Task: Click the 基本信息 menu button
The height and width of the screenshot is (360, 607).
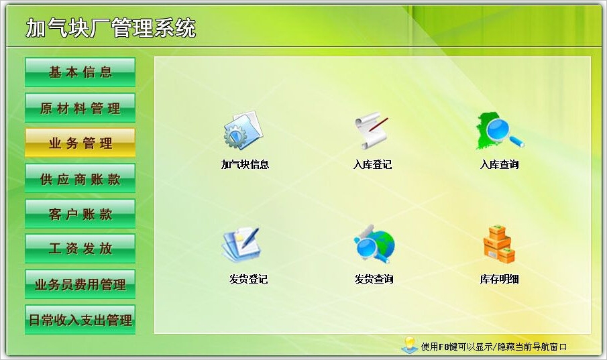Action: coord(80,72)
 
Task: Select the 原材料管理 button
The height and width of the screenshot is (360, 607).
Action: coord(80,108)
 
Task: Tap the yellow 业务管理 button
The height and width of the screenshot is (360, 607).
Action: coord(80,143)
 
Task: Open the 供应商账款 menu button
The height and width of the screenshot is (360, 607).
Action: coord(80,178)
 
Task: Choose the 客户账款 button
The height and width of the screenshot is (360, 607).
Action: coord(80,213)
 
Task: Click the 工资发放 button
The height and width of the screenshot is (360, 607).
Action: coord(80,249)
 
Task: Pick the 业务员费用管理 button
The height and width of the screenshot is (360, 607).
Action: coord(80,284)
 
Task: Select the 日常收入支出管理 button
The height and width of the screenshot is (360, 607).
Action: coord(80,320)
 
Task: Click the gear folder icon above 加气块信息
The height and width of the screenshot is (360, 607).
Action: coord(243,131)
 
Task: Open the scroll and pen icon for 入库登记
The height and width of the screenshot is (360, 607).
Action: coord(372,131)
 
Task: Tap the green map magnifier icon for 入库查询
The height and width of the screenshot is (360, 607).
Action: coord(500,131)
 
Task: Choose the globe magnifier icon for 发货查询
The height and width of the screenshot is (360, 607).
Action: coord(374,244)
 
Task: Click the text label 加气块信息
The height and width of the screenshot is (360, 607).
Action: coord(245,164)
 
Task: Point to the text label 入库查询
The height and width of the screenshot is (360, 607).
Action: coord(500,164)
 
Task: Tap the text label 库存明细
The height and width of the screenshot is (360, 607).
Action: coord(500,279)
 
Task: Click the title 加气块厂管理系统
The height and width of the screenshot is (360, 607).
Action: coord(111,28)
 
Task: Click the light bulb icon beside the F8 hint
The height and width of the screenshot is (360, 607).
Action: coord(410,345)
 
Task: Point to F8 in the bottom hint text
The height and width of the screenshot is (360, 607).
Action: coord(444,347)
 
